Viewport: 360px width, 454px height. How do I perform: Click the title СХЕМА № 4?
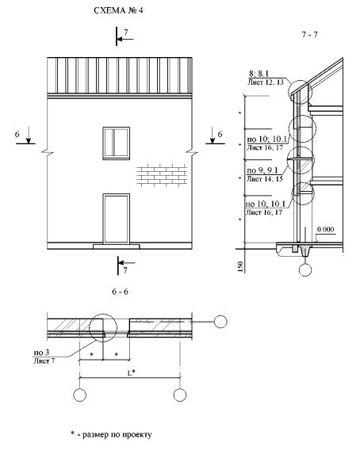pyautogui.click(x=118, y=10)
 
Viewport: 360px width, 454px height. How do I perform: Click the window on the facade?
pyautogui.click(x=117, y=143)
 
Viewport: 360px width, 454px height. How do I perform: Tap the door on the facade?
pyautogui.click(x=117, y=219)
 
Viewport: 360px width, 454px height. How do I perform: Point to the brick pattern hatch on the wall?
pyautogui.click(x=162, y=175)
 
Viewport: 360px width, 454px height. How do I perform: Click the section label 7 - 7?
pyautogui.click(x=309, y=35)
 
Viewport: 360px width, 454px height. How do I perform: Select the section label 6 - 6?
pyautogui.click(x=120, y=292)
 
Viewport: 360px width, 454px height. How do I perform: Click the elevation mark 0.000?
pyautogui.click(x=325, y=229)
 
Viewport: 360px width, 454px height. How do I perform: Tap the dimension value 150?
pyautogui.click(x=239, y=267)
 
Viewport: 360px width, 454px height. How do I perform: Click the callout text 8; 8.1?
pyautogui.click(x=259, y=74)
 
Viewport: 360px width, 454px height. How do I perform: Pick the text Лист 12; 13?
pyautogui.click(x=266, y=82)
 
